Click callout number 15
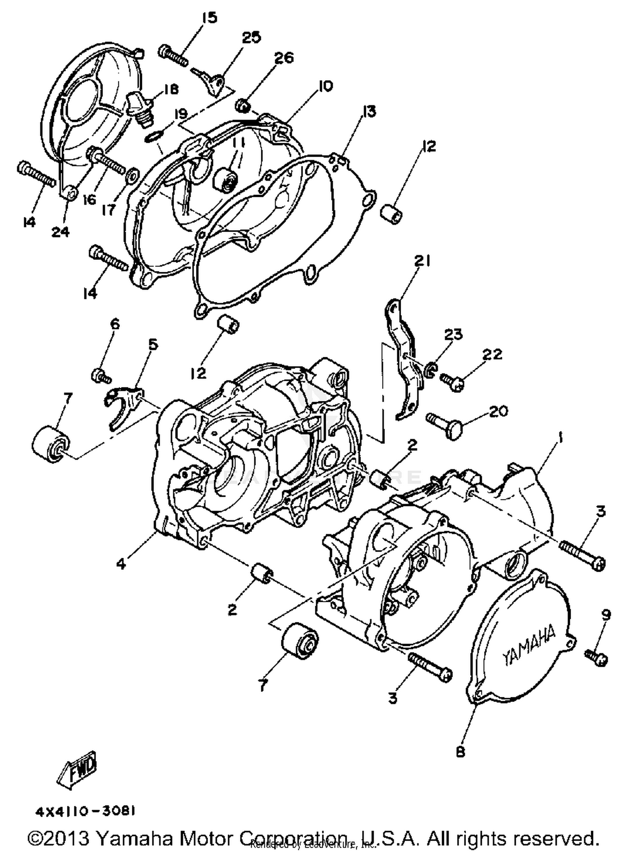pyautogui.click(x=209, y=18)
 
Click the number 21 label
pyautogui.click(x=422, y=261)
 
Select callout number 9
pyautogui.click(x=606, y=615)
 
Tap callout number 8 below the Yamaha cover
pyautogui.click(x=460, y=752)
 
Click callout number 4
pyautogui.click(x=121, y=564)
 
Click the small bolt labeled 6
pyautogui.click(x=101, y=374)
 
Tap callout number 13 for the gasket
pyautogui.click(x=369, y=111)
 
